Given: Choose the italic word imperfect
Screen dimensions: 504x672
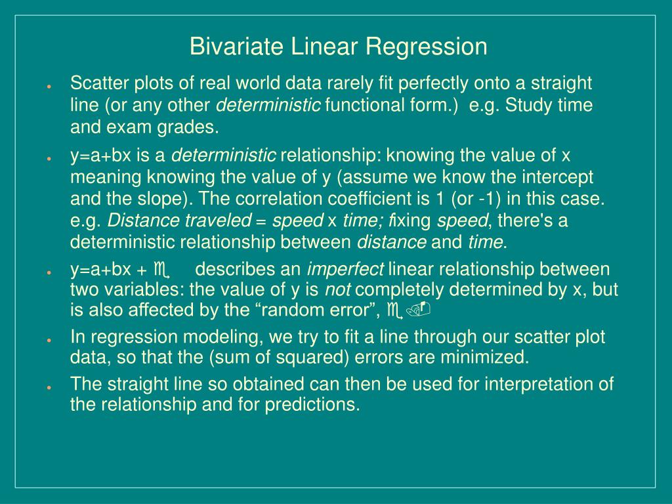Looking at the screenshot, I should tap(346, 270).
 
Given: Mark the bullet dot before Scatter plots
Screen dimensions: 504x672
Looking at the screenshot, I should tap(49, 87).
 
